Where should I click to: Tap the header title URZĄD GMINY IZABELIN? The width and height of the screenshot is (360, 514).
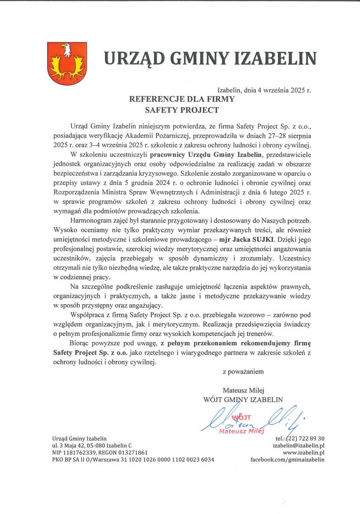click(210, 58)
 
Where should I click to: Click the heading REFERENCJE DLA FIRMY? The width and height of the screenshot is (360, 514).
click(182, 100)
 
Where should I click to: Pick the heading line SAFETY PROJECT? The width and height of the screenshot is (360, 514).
click(182, 111)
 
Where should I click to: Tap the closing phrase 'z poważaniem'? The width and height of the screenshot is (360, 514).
click(243, 372)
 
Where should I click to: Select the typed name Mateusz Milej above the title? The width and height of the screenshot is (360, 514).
click(243, 390)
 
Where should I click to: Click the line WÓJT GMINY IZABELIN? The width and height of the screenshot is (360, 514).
click(243, 399)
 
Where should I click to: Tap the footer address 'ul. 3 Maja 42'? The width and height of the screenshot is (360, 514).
click(70, 446)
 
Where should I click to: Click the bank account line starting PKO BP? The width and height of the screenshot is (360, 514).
click(133, 460)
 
